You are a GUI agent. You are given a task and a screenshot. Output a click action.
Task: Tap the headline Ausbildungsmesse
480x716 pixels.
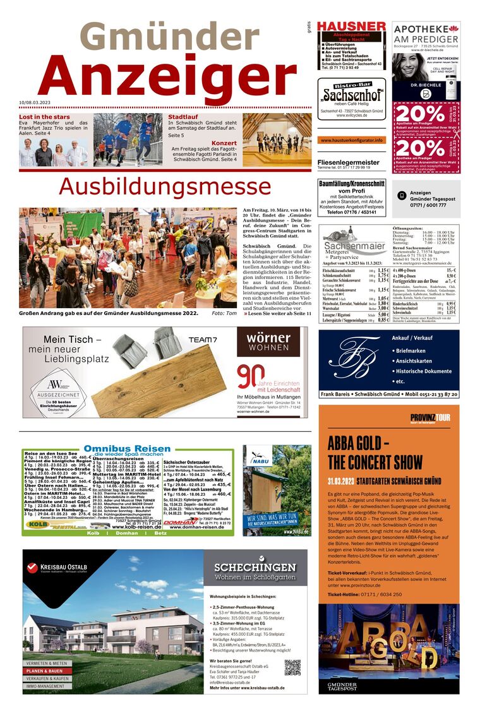tap(165, 186)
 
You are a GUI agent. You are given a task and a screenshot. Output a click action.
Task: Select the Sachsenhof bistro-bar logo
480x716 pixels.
tap(351, 95)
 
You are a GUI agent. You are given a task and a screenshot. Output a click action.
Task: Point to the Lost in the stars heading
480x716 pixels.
tap(44, 117)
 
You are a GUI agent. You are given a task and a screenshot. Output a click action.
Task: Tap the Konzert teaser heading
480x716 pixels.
tap(224, 143)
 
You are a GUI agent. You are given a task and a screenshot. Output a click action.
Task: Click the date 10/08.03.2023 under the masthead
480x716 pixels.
tap(39, 102)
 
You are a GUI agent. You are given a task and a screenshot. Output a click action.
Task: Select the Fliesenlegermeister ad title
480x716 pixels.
tap(348, 162)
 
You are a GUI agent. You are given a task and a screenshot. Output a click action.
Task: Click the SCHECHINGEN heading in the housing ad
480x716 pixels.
tap(255, 566)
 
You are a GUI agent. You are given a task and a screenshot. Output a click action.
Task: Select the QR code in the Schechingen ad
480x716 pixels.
tap(292, 667)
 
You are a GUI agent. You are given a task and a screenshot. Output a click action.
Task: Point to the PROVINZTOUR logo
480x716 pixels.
tap(430, 418)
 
